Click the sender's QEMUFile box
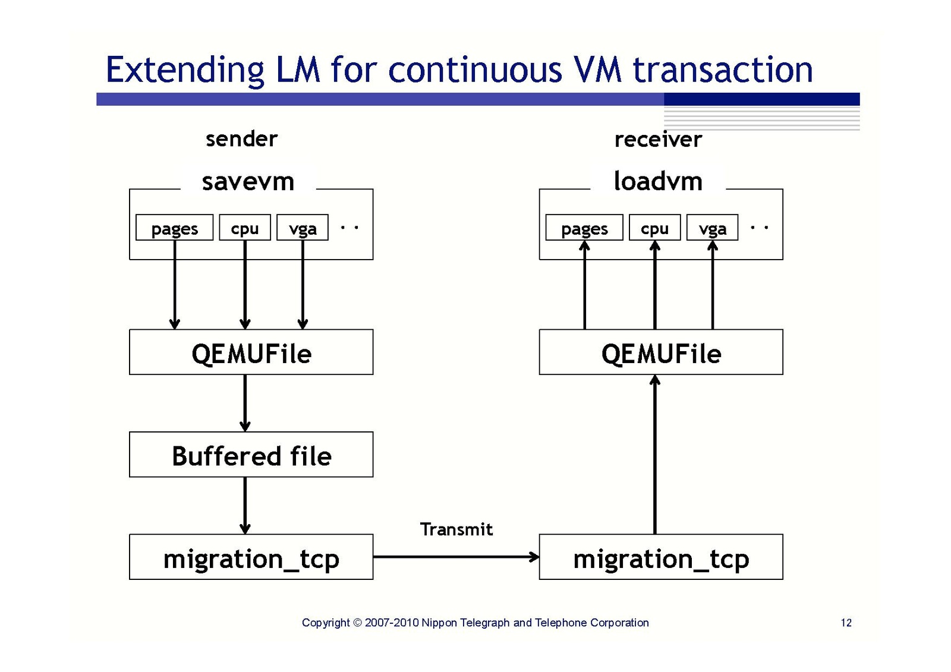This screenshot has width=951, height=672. (251, 352)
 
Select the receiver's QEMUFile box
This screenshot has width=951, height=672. (660, 352)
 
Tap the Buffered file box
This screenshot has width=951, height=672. (251, 455)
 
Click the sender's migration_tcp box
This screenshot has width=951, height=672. (251, 557)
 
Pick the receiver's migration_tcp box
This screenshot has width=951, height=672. (660, 557)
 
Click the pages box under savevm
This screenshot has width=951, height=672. (174, 228)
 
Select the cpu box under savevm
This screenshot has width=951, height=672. (244, 228)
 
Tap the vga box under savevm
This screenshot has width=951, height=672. (303, 228)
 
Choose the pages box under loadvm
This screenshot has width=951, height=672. (584, 228)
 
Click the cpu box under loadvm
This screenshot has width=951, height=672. (654, 228)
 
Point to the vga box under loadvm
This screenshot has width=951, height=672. (712, 228)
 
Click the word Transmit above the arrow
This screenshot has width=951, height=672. (456, 529)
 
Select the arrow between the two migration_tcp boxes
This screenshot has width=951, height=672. (456, 557)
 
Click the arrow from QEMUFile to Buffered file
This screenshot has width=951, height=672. (245, 403)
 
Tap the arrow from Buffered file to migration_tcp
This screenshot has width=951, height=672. (245, 505)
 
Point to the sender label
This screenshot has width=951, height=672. (241, 139)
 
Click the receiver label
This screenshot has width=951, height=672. (658, 140)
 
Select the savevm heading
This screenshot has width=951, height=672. (248, 181)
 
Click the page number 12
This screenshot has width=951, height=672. (846, 623)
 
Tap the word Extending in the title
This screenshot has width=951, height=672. (185, 70)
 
